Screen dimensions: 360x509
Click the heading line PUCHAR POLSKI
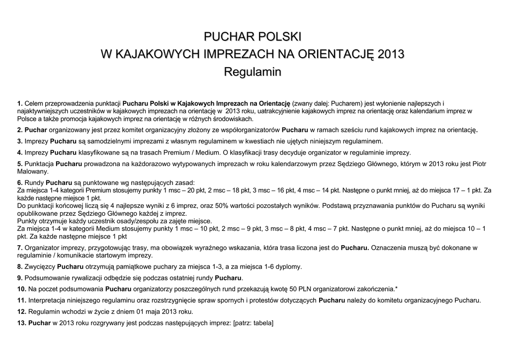pyautogui.click(x=254, y=37)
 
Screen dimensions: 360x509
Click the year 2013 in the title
pyautogui.click(x=391, y=54)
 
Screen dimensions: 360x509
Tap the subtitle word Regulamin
pyautogui.click(x=253, y=72)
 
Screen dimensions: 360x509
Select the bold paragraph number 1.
pyautogui.click(x=20, y=103)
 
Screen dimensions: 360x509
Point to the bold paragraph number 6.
pyautogui.click(x=20, y=182)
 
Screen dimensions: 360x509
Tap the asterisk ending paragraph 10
pyautogui.click(x=396, y=288)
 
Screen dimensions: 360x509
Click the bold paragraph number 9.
pyautogui.click(x=20, y=277)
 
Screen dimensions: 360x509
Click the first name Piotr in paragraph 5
pyautogui.click(x=478, y=164)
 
